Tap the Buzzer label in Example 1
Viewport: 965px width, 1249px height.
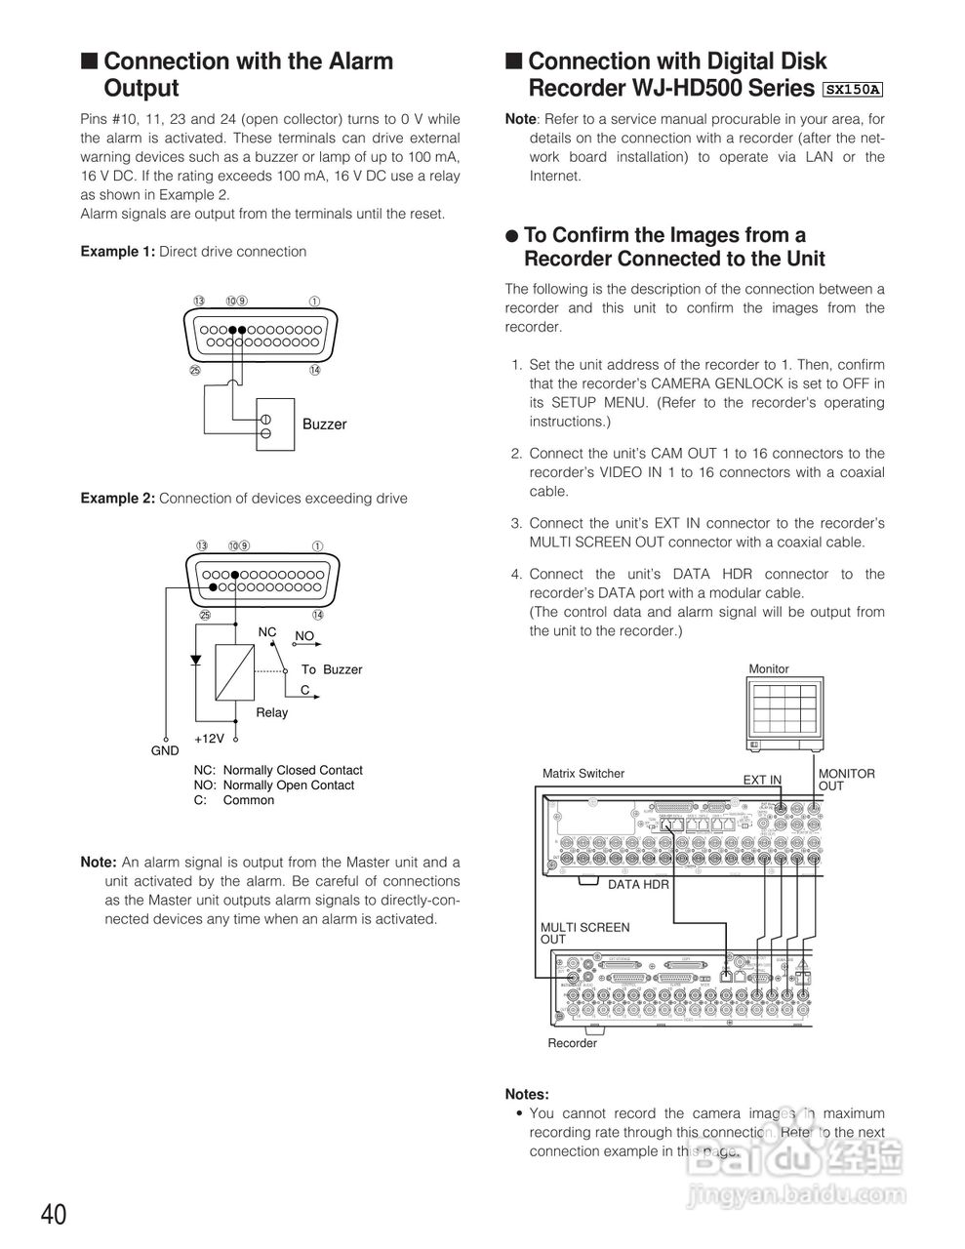[324, 424]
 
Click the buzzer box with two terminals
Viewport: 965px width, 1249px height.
[275, 424]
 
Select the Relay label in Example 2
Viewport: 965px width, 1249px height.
[271, 712]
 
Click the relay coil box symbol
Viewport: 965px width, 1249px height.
[234, 672]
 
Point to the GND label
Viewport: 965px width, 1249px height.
[165, 750]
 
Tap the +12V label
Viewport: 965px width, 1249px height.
[209, 739]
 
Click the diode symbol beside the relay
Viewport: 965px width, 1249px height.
[195, 660]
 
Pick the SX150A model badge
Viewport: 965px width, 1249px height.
[852, 90]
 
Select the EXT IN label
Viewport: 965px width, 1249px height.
[762, 780]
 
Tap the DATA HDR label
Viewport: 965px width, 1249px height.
[638, 884]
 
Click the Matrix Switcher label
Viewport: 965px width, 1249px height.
[583, 774]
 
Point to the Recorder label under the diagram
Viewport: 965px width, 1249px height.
[572, 1043]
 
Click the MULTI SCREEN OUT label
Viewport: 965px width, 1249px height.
[584, 933]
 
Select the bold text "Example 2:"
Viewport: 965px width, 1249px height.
[117, 499]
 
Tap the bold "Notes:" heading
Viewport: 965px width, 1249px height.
[527, 1095]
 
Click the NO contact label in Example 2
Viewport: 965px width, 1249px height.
[304, 636]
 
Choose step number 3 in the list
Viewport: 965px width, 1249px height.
[517, 523]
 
